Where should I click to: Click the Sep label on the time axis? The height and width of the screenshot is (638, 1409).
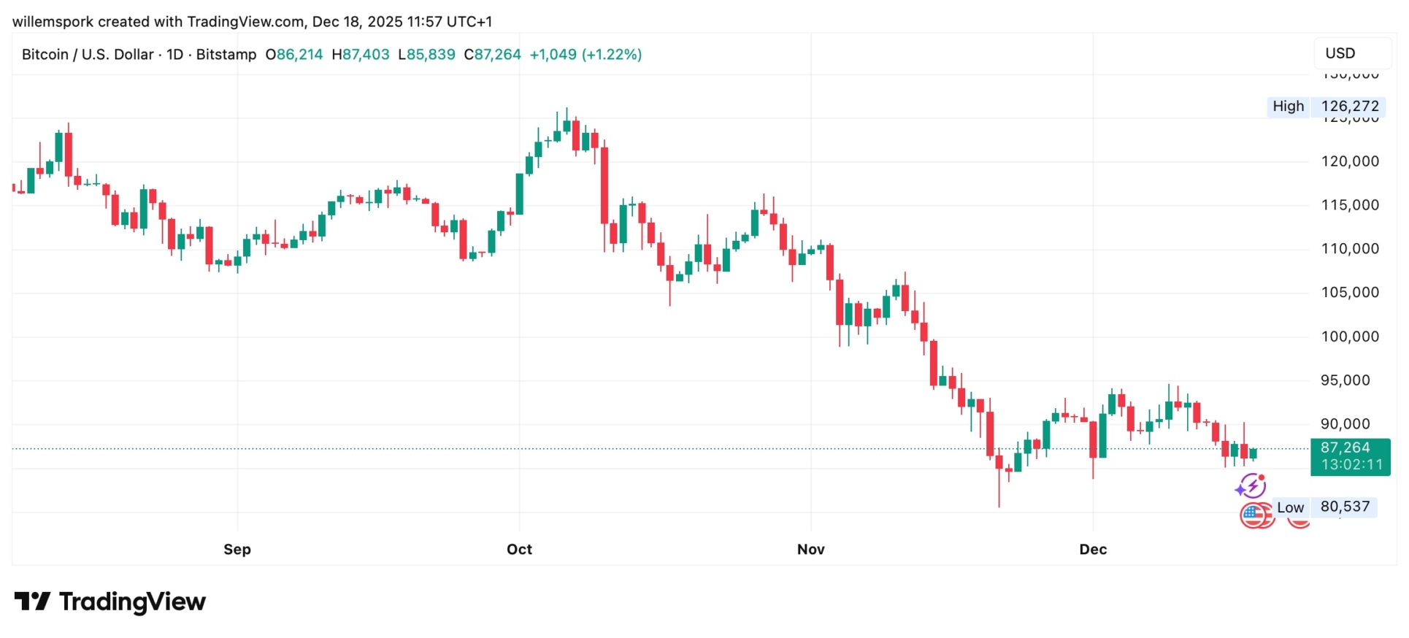click(237, 550)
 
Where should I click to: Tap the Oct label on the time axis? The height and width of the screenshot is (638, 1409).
click(519, 550)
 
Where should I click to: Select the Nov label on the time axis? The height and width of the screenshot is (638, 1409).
click(810, 550)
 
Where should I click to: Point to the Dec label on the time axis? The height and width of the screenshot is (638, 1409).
click(1093, 550)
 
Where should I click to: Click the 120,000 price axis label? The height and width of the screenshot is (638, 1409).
click(1350, 161)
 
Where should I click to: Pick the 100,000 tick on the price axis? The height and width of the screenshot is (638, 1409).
click(1350, 337)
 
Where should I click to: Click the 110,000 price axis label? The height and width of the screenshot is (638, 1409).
click(1350, 249)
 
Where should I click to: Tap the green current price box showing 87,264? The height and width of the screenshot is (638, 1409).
click(1350, 456)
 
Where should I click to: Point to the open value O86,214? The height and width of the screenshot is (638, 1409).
click(293, 55)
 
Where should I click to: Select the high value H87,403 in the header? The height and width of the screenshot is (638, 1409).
click(361, 55)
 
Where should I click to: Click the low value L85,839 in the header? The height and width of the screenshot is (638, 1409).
click(426, 55)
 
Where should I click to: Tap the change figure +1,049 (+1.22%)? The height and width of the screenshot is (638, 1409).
click(586, 55)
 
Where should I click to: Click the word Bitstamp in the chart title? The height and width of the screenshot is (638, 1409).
click(226, 55)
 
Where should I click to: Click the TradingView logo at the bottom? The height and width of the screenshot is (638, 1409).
click(110, 602)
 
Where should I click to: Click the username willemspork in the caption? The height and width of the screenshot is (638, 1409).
click(53, 22)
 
